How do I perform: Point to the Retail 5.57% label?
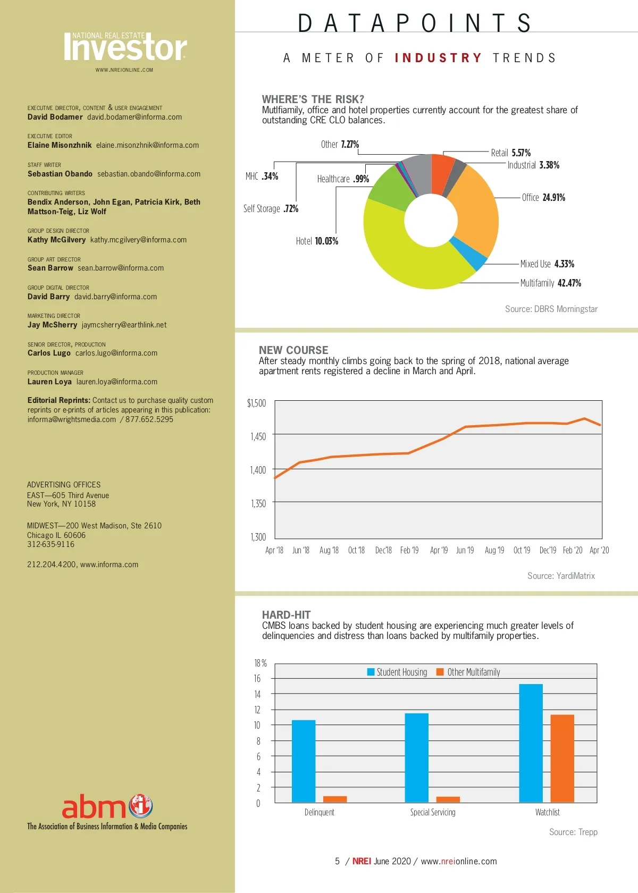[510, 153]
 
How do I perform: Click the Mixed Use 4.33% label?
[547, 264]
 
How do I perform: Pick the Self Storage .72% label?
[271, 209]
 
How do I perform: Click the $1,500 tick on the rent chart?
[256, 403]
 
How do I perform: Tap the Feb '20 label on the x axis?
[573, 551]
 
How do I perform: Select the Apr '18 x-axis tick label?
[274, 551]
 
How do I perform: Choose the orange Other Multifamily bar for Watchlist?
[562, 759]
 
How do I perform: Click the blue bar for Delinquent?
[304, 761]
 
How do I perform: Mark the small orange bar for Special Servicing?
[448, 799]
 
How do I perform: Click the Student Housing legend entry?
[397, 672]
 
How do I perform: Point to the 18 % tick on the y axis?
[260, 663]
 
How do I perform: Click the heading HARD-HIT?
[286, 615]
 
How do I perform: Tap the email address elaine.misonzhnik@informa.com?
[147, 146]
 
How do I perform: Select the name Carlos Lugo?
[49, 353]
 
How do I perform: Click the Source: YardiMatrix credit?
[561, 576]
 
